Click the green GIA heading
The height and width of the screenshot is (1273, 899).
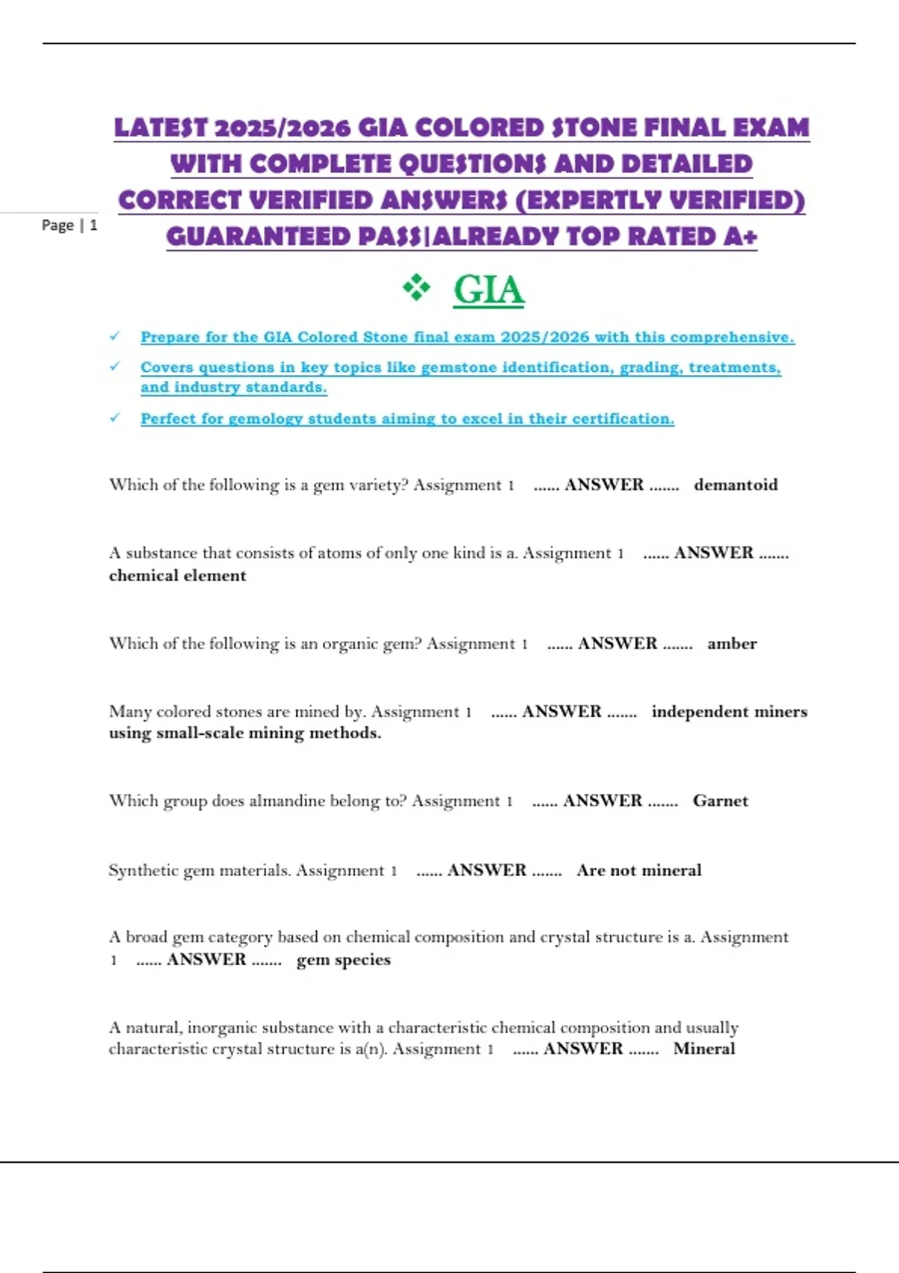(x=488, y=290)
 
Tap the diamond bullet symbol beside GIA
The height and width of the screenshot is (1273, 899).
(x=417, y=288)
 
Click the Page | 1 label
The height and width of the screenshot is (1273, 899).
(x=69, y=225)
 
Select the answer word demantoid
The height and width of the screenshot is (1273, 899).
(x=736, y=485)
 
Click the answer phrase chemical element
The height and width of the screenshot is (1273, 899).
(x=178, y=576)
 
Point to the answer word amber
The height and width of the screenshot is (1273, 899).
(x=732, y=644)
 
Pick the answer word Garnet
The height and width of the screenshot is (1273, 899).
(x=720, y=801)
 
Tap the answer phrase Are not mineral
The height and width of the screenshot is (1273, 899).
(x=639, y=871)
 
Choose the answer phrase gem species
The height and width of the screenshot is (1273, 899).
(x=344, y=960)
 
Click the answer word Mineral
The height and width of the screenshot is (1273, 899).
(x=704, y=1049)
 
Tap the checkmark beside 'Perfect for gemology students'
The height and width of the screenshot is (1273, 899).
(x=115, y=418)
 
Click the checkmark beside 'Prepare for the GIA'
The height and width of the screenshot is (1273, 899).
(x=115, y=336)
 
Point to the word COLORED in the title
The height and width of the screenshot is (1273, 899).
(x=479, y=128)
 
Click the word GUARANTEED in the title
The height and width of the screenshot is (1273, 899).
(x=258, y=237)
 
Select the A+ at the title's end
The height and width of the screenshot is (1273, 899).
(x=741, y=237)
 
